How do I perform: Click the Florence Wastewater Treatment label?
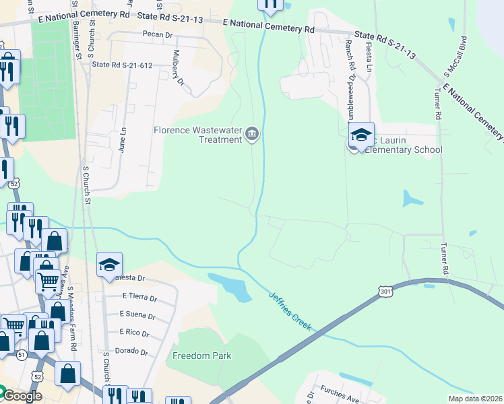coord(197,135)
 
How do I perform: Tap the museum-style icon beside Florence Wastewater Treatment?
coord(252,134)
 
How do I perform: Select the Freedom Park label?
coord(202,356)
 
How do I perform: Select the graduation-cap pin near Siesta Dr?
coord(109,264)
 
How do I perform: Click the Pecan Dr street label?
coord(158,34)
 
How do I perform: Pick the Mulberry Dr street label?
coord(179,68)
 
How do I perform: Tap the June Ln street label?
coord(123,140)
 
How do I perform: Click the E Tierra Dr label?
coord(139,297)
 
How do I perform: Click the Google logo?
coord(22,395)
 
